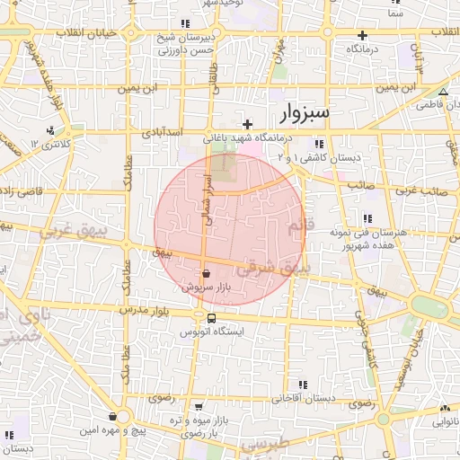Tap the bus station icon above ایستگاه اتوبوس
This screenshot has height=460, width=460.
tap(211, 318)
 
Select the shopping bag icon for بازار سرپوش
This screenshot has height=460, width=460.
tap(207, 273)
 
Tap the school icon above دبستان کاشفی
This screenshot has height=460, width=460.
tap(317, 144)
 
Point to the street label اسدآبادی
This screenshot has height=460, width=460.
tap(163, 132)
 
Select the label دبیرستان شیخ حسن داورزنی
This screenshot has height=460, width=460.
tap(185, 43)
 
